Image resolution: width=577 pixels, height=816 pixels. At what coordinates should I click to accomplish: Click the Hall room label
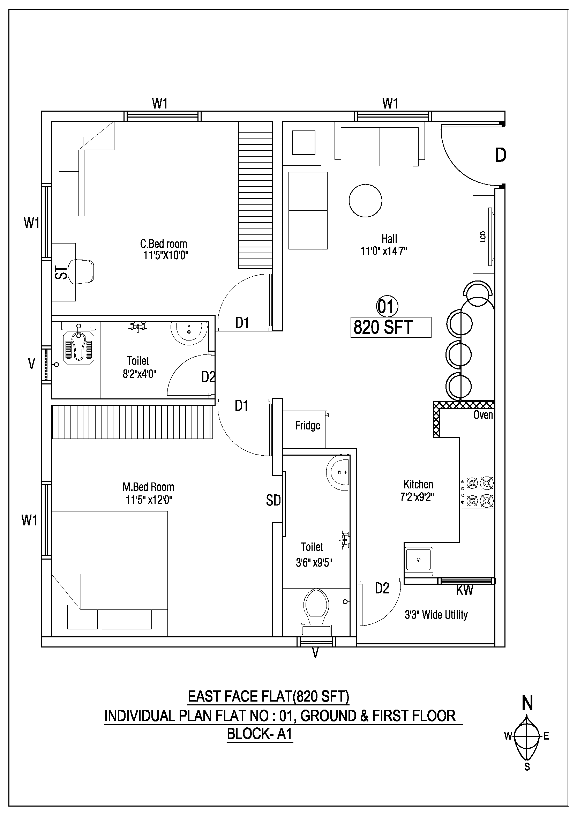click(389, 239)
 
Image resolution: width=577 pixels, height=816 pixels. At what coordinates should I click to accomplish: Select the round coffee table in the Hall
click(365, 201)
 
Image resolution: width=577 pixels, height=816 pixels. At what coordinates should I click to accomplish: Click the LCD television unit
click(484, 234)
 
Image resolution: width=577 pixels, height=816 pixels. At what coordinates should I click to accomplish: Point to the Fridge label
click(308, 425)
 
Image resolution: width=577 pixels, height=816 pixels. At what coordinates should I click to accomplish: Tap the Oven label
click(483, 415)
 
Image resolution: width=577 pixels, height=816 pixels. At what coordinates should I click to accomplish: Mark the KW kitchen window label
click(465, 590)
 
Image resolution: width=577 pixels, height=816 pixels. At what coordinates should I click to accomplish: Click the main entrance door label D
click(501, 155)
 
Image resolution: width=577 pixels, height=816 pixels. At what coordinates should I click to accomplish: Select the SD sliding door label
click(273, 501)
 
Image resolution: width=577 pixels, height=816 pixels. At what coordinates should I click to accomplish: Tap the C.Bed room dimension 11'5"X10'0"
click(166, 255)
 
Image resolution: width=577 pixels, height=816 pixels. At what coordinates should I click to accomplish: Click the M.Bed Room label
click(148, 487)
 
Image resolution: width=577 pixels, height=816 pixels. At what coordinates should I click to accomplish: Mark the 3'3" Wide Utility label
click(436, 614)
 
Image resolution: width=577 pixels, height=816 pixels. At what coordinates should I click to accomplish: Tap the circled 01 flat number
click(387, 306)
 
